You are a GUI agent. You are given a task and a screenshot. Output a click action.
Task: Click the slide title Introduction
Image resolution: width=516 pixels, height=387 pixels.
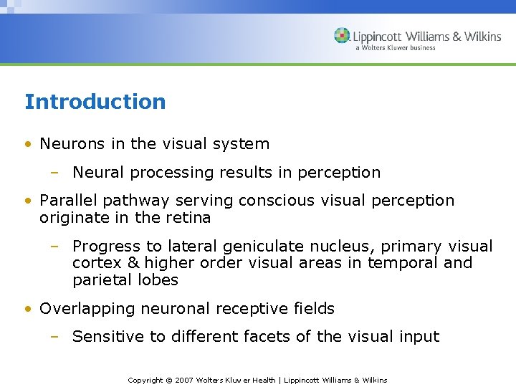click(95, 102)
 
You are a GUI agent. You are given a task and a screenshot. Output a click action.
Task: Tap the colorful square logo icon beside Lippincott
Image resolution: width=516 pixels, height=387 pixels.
click(342, 36)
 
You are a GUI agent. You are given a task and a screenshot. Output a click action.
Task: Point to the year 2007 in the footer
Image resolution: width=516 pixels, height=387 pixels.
click(186, 380)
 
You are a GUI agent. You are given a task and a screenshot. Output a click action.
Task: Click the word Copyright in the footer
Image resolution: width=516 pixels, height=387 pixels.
click(145, 380)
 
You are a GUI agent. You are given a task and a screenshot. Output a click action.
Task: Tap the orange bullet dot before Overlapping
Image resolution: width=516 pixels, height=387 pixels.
click(27, 309)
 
